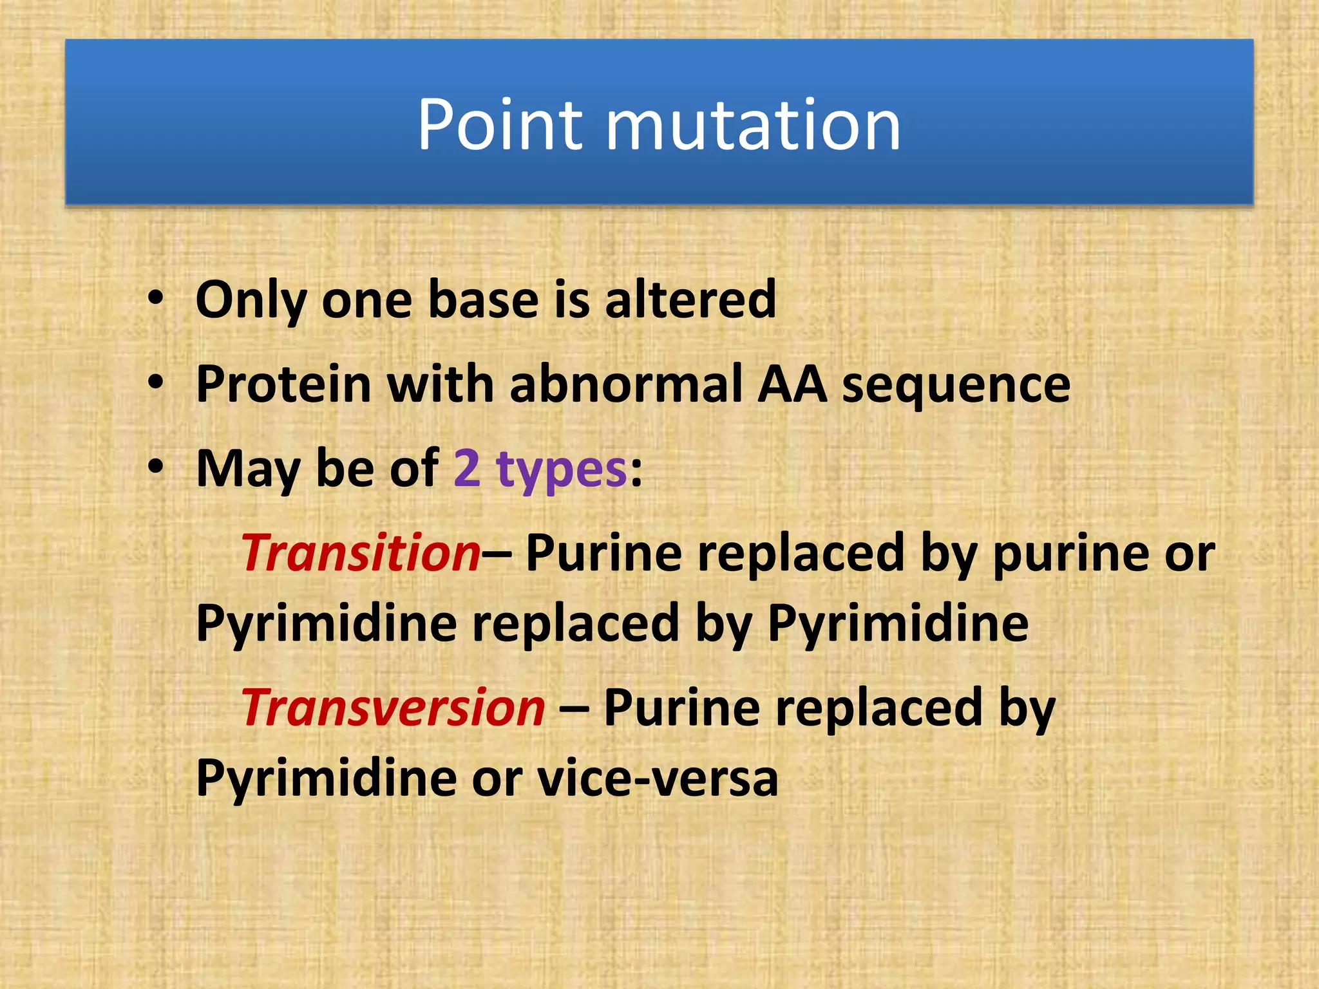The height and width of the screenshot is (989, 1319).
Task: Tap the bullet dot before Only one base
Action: [x=155, y=299]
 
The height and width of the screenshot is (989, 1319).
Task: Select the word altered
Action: [x=690, y=299]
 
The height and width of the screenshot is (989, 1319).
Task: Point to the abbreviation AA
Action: [x=792, y=384]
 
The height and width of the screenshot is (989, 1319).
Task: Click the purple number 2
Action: [x=467, y=469]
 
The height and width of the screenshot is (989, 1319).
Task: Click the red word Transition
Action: [x=361, y=553]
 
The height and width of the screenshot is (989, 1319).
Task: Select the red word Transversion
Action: [x=394, y=708]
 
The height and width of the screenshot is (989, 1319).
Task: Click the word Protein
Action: [x=283, y=384]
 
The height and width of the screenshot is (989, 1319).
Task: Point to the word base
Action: [x=483, y=300]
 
